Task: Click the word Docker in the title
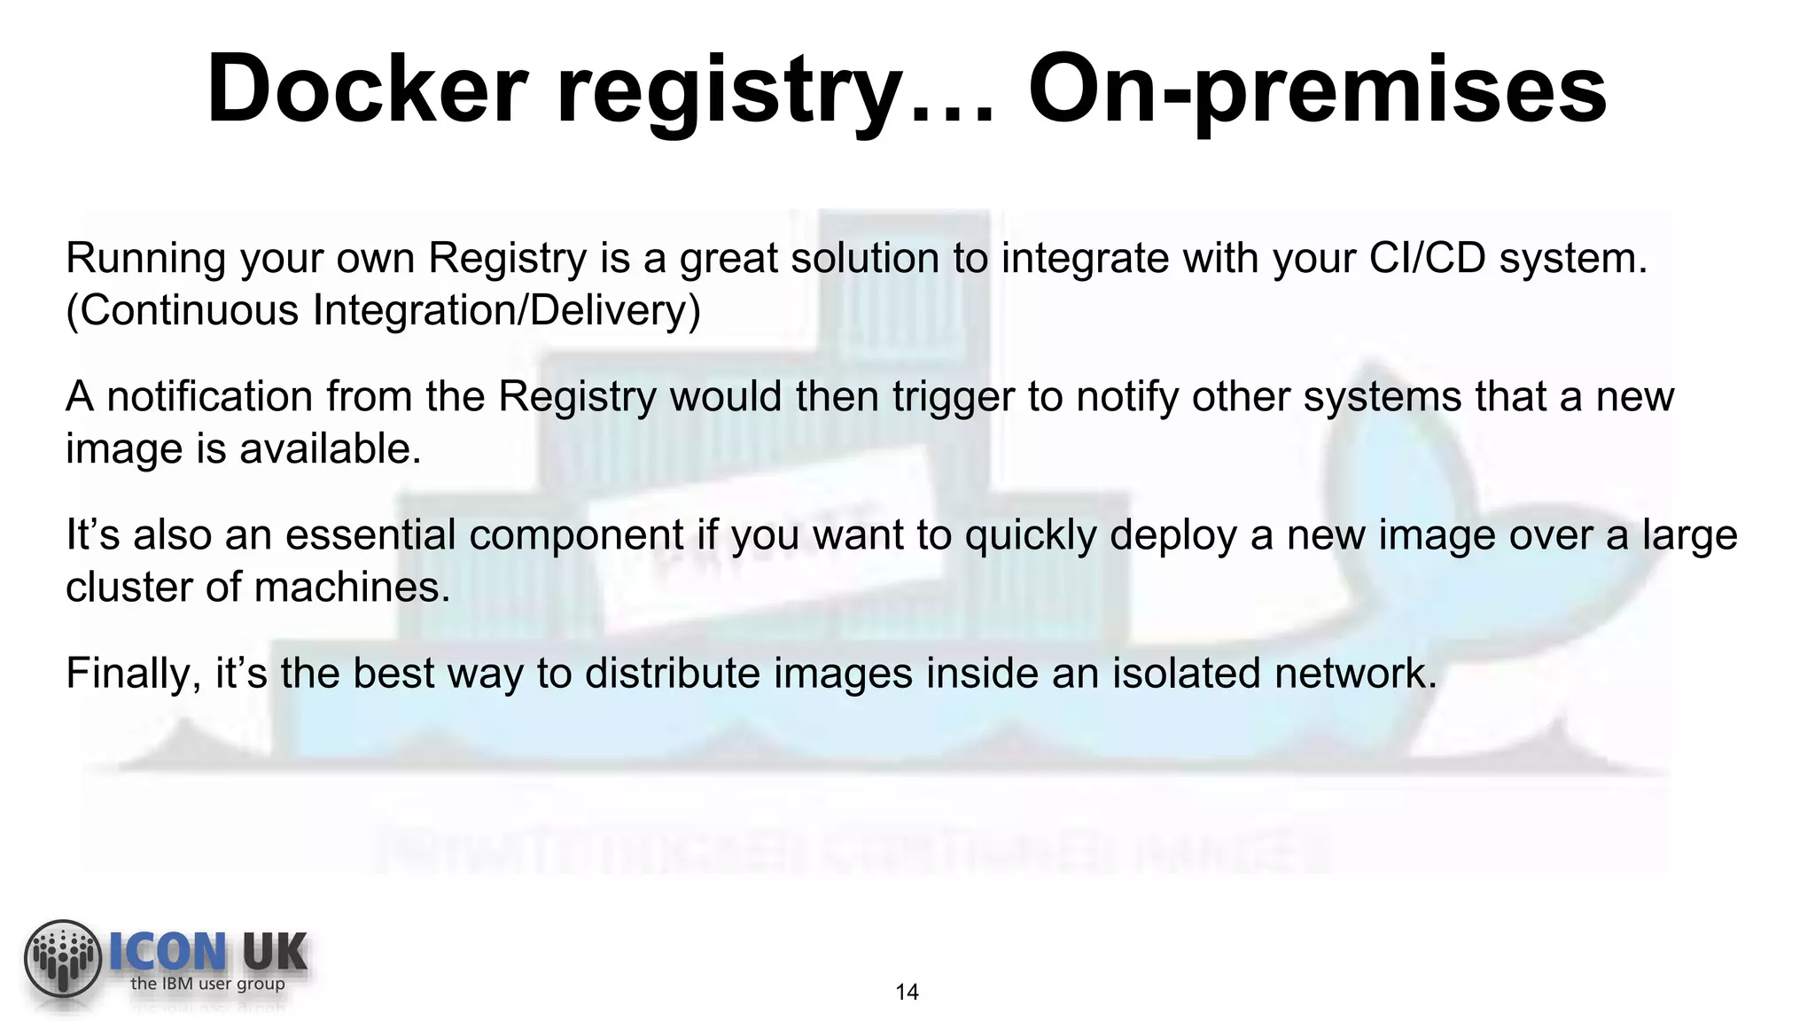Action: pos(367,90)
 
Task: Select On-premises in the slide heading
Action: pos(1317,90)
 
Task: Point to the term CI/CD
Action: pos(1427,259)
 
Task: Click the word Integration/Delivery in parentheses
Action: pos(506,311)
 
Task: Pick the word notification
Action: pos(210,397)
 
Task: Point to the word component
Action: pos(576,535)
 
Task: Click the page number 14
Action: pos(907,993)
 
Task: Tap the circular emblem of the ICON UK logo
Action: pos(63,958)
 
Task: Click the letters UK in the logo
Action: pos(274,953)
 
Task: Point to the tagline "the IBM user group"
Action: pos(207,984)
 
